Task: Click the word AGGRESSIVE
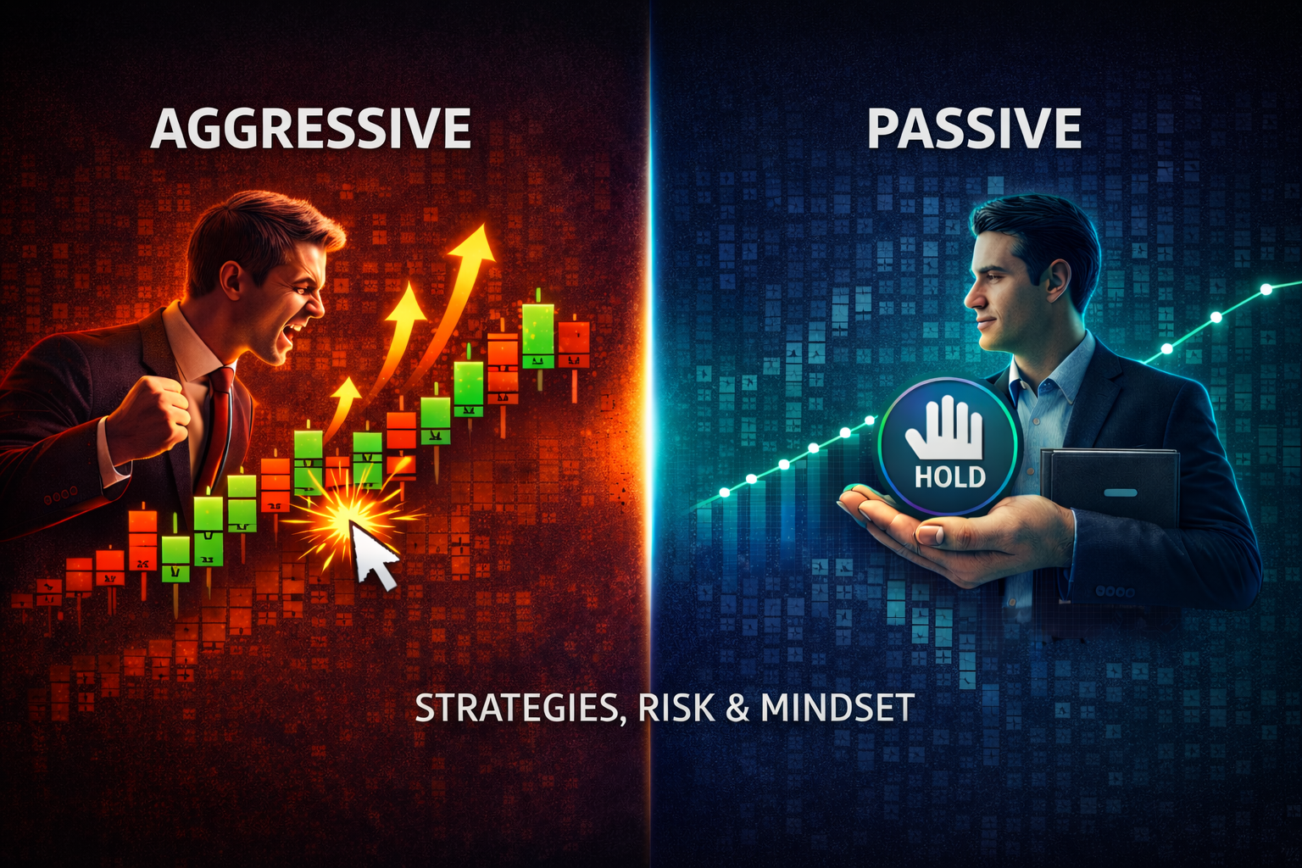tap(310, 129)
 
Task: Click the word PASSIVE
tap(974, 129)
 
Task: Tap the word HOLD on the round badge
tap(949, 476)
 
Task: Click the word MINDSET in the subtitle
tap(837, 708)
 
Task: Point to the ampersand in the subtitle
tap(737, 708)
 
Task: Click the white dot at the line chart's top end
tap(1266, 290)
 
